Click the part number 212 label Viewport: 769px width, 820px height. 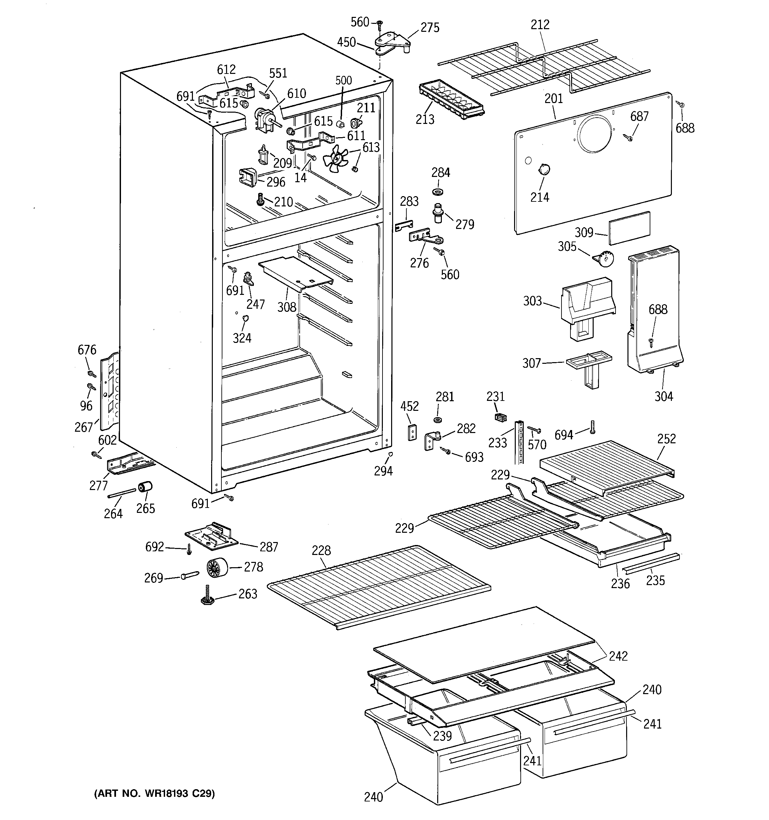[x=540, y=25]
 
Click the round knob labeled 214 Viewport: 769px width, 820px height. [x=544, y=169]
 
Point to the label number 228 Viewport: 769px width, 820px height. [x=321, y=550]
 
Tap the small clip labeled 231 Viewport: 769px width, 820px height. [x=500, y=417]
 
